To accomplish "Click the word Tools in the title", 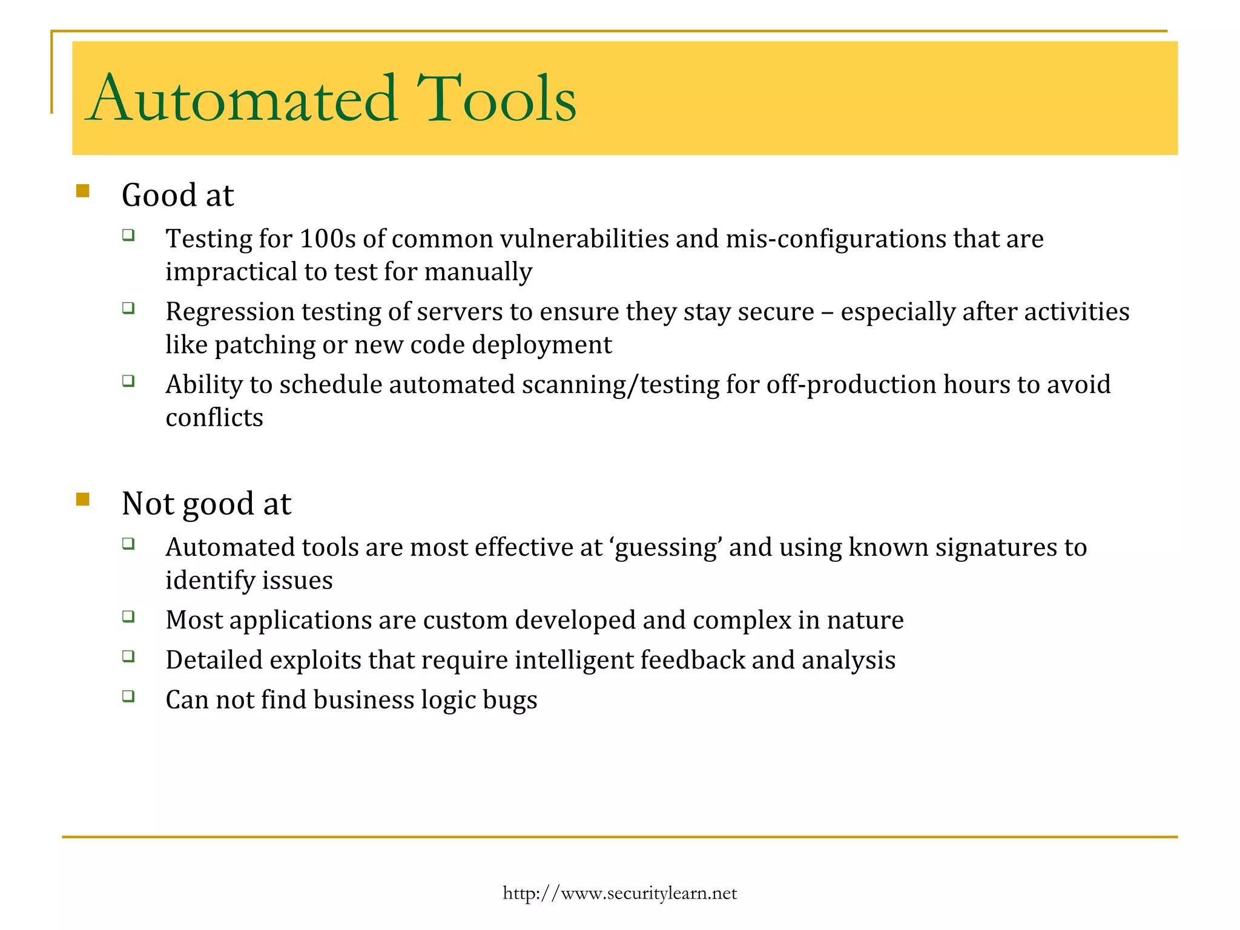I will pyautogui.click(x=496, y=98).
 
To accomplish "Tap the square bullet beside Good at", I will pyautogui.click(x=83, y=191).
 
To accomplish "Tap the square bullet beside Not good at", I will pyautogui.click(x=83, y=500).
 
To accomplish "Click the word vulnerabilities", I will pyautogui.click(x=584, y=239).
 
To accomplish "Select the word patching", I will pyautogui.click(x=265, y=345).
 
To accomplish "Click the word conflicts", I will pyautogui.click(x=214, y=418).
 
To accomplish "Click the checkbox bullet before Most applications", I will pyautogui.click(x=128, y=617).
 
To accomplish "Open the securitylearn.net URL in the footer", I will pyautogui.click(x=619, y=893).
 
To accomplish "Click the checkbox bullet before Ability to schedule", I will pyautogui.click(x=128, y=381).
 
